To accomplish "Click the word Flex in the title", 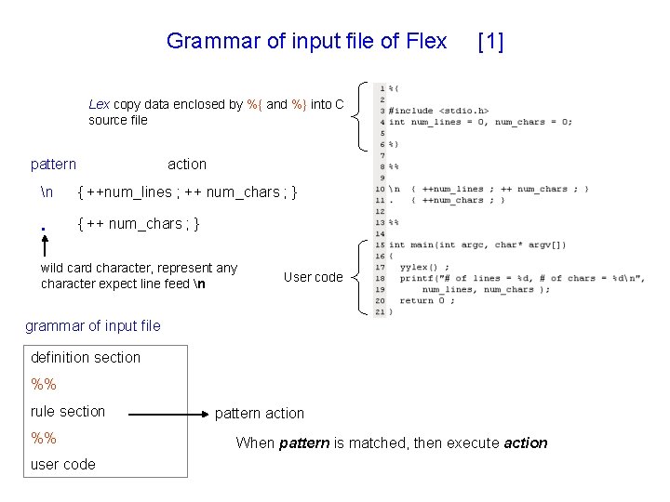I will point(426,41).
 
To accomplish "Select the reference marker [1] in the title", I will point(489,41).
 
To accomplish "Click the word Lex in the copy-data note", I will point(99,104).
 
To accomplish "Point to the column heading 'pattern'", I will point(53,165).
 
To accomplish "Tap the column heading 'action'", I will point(187,165).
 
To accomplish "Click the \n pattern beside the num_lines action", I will point(47,192).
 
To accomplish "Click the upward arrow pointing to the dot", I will point(44,244).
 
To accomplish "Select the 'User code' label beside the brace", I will point(313,277).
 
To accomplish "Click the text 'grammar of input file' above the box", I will point(92,325).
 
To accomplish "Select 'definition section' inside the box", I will point(86,357).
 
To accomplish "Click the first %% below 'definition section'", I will point(44,384).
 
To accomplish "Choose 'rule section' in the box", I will point(68,411).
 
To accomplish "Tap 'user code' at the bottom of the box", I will point(63,464).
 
